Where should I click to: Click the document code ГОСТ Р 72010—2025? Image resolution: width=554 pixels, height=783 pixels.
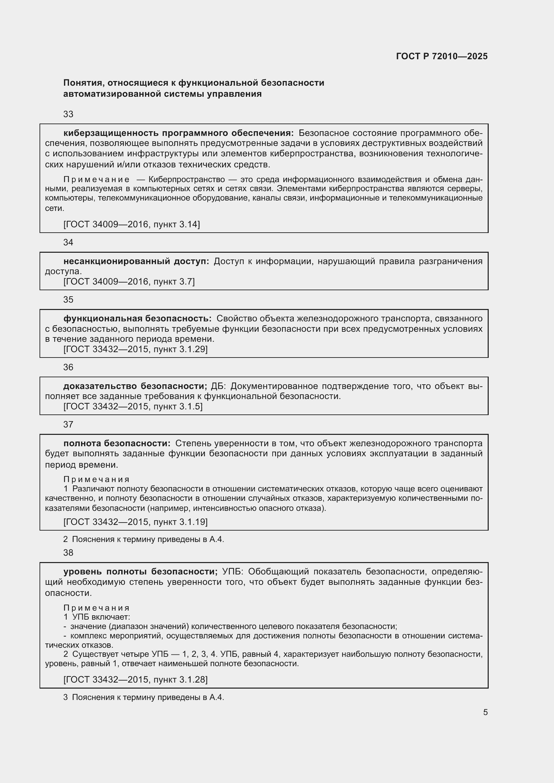[442, 56]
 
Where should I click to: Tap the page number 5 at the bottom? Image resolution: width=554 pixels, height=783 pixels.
[485, 712]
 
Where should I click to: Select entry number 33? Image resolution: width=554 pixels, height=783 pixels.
[68, 114]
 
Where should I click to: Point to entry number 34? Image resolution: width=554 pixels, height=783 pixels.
[68, 242]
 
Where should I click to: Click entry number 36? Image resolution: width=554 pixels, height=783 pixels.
[68, 367]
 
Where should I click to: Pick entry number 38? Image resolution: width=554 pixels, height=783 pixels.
[68, 553]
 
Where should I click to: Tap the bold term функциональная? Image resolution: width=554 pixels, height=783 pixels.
[103, 318]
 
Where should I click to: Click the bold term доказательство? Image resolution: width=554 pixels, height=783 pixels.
[100, 386]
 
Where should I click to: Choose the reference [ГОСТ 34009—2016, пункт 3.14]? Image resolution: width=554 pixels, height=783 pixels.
[132, 224]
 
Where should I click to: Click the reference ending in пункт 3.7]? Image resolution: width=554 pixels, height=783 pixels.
[129, 282]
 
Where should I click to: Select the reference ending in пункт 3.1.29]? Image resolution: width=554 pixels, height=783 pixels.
[135, 349]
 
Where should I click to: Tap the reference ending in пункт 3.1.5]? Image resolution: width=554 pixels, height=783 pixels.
[133, 406]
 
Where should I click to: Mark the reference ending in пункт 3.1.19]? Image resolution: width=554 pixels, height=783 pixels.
[135, 522]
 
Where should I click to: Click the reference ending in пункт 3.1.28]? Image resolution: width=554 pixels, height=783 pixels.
[135, 680]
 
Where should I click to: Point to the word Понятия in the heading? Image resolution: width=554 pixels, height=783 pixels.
[82, 83]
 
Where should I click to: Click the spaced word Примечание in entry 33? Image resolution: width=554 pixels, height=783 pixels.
[96, 180]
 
